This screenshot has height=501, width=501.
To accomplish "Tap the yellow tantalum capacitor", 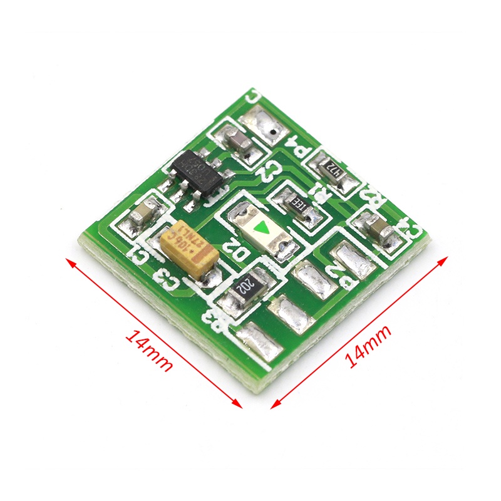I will [189, 249].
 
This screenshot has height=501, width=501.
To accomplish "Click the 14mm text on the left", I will [149, 351].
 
